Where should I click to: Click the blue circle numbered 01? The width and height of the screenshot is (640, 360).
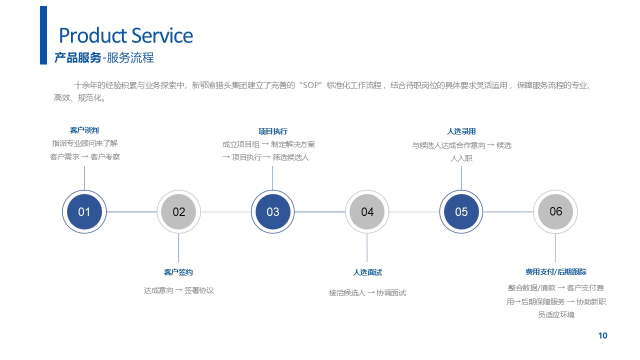pos(84,211)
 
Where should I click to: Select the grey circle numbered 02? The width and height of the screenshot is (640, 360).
pos(178,211)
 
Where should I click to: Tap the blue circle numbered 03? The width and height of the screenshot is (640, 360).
pos(273,211)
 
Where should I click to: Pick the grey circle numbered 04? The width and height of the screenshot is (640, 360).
pos(367,211)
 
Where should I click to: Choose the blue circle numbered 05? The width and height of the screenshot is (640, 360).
pos(461,211)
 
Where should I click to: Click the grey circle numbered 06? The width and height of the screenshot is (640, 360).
pos(555,211)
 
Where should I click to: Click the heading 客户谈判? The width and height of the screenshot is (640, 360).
pos(84,130)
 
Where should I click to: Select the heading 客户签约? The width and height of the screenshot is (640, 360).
pos(178,272)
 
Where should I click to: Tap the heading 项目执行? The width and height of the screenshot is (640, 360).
pos(273,131)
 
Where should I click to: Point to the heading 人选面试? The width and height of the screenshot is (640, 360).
pos(367,272)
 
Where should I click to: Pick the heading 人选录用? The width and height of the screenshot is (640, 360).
pos(461,131)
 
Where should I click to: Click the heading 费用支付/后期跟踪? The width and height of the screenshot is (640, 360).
pos(556,271)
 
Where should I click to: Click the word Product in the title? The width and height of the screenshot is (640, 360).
pos(93,35)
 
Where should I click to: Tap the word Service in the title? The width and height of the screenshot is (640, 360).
pos(162,35)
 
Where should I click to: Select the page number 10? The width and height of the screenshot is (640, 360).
pos(603,335)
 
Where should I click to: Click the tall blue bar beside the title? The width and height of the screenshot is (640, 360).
pos(43,35)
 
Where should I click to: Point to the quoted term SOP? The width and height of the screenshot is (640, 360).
pos(310,85)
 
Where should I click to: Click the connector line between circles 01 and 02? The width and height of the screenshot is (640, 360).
pos(131,212)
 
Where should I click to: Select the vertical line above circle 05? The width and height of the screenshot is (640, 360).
pos(461,178)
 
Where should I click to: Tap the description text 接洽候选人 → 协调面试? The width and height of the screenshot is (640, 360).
pos(367,293)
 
